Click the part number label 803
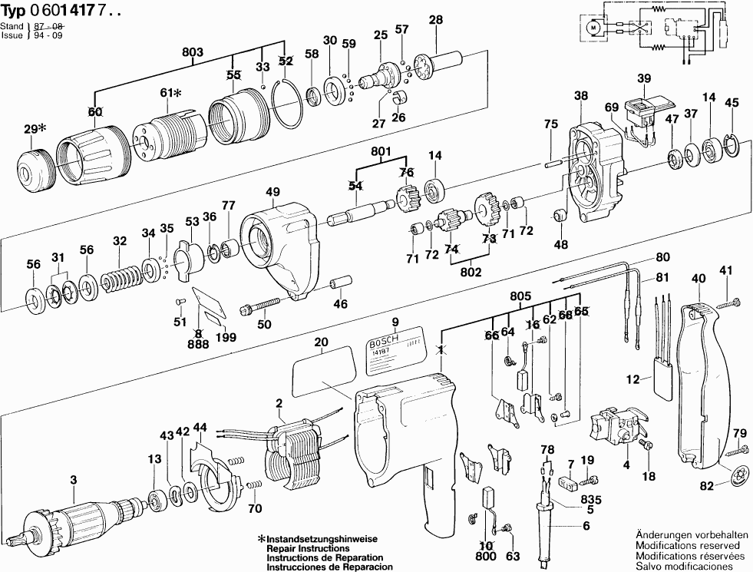(192, 51)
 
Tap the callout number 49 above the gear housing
(272, 192)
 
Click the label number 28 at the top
(436, 20)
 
